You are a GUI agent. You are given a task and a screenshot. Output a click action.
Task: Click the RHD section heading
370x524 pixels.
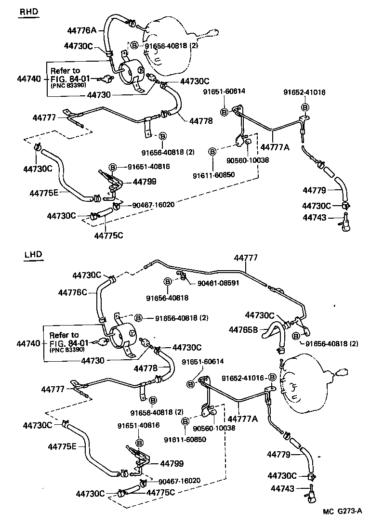(x=28, y=12)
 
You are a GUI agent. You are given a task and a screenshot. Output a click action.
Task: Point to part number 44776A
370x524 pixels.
(x=82, y=30)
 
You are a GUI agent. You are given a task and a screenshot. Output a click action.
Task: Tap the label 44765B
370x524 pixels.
(x=243, y=330)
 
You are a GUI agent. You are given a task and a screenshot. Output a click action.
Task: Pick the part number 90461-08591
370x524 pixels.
(x=218, y=283)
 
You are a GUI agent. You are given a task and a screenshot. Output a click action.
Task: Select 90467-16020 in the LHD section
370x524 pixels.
(x=181, y=481)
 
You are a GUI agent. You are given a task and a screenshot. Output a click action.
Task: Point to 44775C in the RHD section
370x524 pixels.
(x=108, y=235)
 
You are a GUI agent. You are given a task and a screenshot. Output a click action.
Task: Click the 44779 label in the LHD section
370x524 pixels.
(x=278, y=454)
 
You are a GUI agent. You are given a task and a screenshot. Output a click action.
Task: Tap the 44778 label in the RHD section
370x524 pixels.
(x=201, y=121)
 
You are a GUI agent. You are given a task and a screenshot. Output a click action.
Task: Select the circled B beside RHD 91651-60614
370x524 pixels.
(x=224, y=112)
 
